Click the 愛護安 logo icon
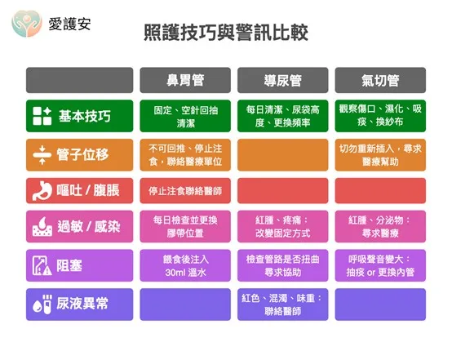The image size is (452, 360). [x=27, y=24]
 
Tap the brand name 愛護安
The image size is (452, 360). [x=69, y=24]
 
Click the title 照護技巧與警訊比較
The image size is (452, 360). [x=226, y=33]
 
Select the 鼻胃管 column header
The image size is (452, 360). [x=185, y=80]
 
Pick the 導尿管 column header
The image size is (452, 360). [x=283, y=80]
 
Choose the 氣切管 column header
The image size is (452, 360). [x=380, y=80]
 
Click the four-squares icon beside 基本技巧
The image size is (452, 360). [x=42, y=116]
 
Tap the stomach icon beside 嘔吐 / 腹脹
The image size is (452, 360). [x=42, y=191]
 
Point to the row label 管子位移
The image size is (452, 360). [x=82, y=154]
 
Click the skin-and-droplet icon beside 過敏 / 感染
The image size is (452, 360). [x=42, y=226]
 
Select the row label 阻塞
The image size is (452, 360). [x=69, y=265]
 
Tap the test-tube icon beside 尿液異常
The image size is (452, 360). [x=42, y=304]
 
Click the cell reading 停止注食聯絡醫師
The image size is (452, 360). [x=185, y=191]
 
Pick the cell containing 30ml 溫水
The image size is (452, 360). [x=185, y=265]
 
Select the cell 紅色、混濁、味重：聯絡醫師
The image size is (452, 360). [x=283, y=304]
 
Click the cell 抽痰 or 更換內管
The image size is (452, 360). [x=380, y=265]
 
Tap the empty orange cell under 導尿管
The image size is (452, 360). [x=283, y=155]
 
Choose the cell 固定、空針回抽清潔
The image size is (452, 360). [x=185, y=116]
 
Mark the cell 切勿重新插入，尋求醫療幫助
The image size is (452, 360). [x=380, y=155]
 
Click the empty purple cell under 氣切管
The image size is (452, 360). [x=380, y=304]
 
